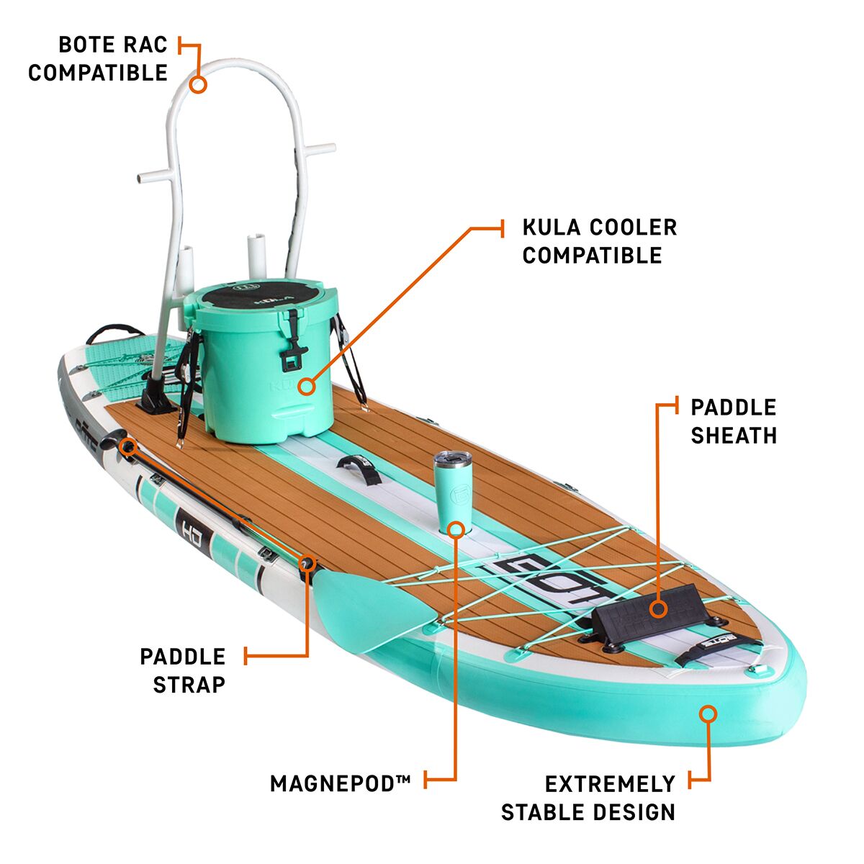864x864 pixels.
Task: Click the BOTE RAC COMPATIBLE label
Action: pyautogui.click(x=98, y=58)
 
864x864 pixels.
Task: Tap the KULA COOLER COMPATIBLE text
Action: pyautogui.click(x=599, y=241)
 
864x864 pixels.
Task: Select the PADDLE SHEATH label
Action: pyautogui.click(x=733, y=421)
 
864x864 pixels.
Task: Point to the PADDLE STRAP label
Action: pyautogui.click(x=183, y=670)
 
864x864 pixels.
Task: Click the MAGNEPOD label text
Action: pyautogui.click(x=340, y=783)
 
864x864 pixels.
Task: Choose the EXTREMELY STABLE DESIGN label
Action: pyautogui.click(x=589, y=798)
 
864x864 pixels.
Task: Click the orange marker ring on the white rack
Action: pyautogui.click(x=198, y=84)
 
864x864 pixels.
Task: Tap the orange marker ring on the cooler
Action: pyautogui.click(x=307, y=387)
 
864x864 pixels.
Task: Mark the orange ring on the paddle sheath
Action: pyautogui.click(x=658, y=608)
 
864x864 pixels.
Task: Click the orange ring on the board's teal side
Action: pyautogui.click(x=708, y=714)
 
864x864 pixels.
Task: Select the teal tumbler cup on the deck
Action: pyautogui.click(x=452, y=490)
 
